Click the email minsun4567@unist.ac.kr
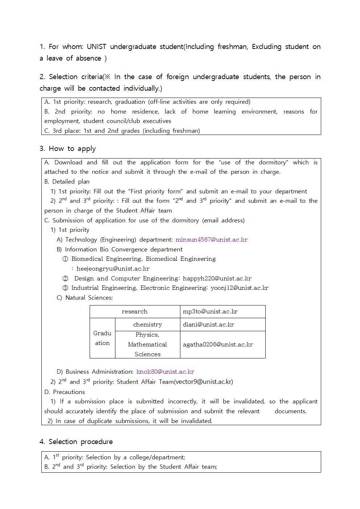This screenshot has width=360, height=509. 211,239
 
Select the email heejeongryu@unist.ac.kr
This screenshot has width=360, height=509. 113,268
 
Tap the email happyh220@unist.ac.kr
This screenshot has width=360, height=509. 217,278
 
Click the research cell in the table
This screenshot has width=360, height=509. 135,312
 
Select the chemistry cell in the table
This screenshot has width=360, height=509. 147,324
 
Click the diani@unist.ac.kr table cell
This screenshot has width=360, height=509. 208,324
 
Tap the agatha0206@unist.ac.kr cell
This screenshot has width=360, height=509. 218,344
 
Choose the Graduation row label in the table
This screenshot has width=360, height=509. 102,338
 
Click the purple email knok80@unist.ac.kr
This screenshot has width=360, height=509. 165,372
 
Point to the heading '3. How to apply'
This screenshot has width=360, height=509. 68,148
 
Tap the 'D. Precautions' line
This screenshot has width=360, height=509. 65,392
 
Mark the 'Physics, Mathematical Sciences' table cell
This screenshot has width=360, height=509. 147,344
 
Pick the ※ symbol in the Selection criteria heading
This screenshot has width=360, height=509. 108,77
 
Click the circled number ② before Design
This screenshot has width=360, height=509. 65,279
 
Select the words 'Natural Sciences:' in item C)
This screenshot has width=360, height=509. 89,297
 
